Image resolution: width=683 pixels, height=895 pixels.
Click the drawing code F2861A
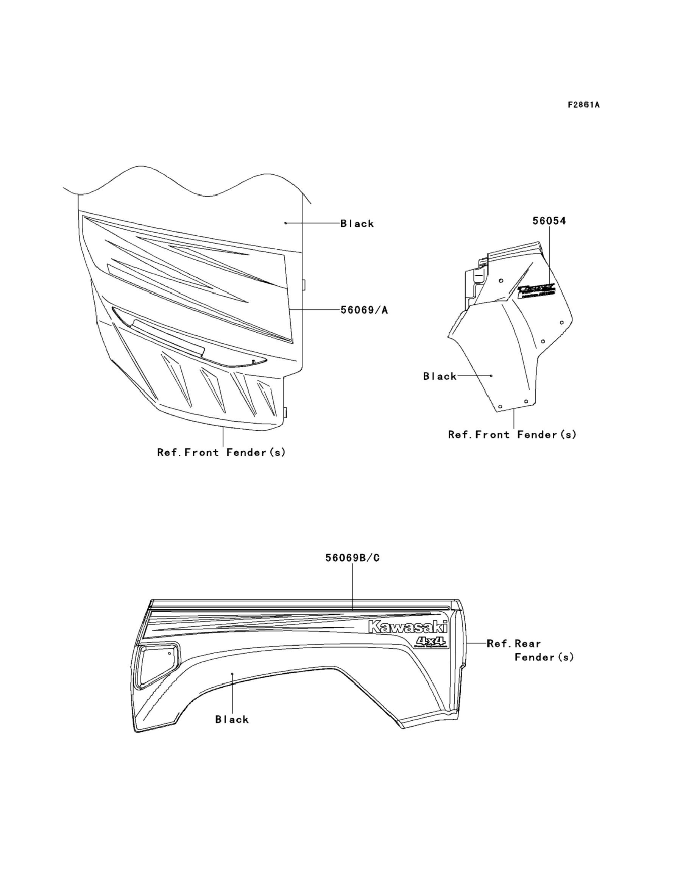coord(583,105)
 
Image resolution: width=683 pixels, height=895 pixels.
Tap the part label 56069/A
coord(364,310)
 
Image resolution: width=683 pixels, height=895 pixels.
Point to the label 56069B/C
coord(352,558)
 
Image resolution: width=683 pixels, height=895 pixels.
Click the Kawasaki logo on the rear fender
coord(407,627)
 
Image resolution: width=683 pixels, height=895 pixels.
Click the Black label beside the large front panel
coord(357,223)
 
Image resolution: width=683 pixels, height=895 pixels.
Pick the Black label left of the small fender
coord(440,376)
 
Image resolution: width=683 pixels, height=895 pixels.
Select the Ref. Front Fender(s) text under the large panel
coord(221,452)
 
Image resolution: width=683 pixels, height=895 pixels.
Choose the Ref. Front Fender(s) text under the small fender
coord(512,435)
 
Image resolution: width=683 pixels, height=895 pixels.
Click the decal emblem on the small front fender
coord(536,291)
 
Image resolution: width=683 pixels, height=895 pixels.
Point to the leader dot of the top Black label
coord(285,223)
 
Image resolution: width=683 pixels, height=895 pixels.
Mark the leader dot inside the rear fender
coord(232,674)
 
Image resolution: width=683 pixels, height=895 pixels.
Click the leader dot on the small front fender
coord(491,376)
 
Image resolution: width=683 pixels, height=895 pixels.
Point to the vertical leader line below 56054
coord(549,256)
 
